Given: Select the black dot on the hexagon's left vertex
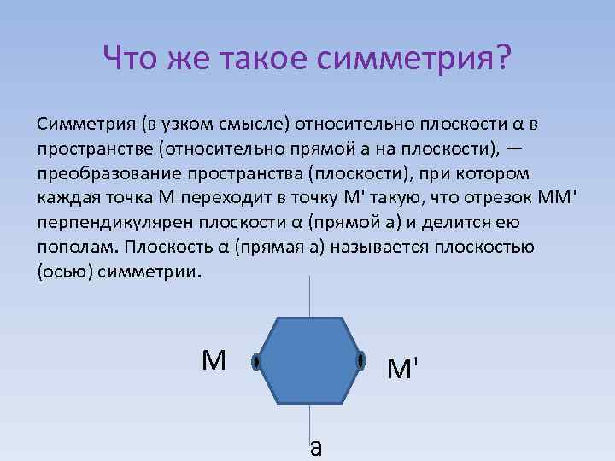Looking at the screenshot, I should (x=255, y=362).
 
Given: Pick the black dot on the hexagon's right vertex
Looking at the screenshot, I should (x=360, y=362).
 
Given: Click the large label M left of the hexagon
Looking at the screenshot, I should (x=214, y=361).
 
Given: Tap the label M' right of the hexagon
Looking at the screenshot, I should (x=402, y=369).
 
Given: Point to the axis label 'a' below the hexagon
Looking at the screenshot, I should (x=316, y=446).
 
